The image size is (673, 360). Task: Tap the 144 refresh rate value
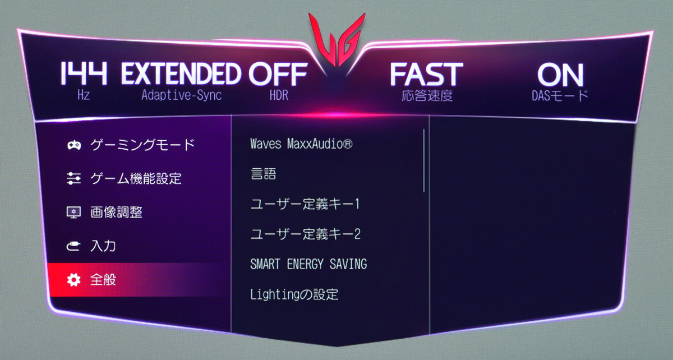[x=84, y=73]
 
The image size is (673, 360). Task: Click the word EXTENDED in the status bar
[x=181, y=73]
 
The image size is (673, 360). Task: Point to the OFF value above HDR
[x=278, y=73]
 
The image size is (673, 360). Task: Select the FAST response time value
[x=427, y=74]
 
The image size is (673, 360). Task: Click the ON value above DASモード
[x=561, y=75]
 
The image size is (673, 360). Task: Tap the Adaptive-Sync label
[x=182, y=95]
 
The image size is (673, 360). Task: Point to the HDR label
[x=279, y=95]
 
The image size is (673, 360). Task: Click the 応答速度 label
[x=427, y=96]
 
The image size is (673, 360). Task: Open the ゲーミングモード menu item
[x=142, y=145]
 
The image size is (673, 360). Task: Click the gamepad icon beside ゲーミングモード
[x=74, y=145]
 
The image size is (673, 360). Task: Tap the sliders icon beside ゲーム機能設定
[x=73, y=178]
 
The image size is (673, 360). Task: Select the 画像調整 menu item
[x=116, y=212]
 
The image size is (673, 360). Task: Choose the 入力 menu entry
[x=103, y=246]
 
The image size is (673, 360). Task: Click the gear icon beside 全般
[x=73, y=280]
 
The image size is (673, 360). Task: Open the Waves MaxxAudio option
[x=301, y=144]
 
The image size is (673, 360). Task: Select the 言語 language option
[x=263, y=174]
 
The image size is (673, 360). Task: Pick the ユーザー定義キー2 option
[x=305, y=234]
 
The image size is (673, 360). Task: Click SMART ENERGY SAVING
[x=308, y=264]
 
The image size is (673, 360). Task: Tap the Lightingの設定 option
[x=294, y=294]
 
